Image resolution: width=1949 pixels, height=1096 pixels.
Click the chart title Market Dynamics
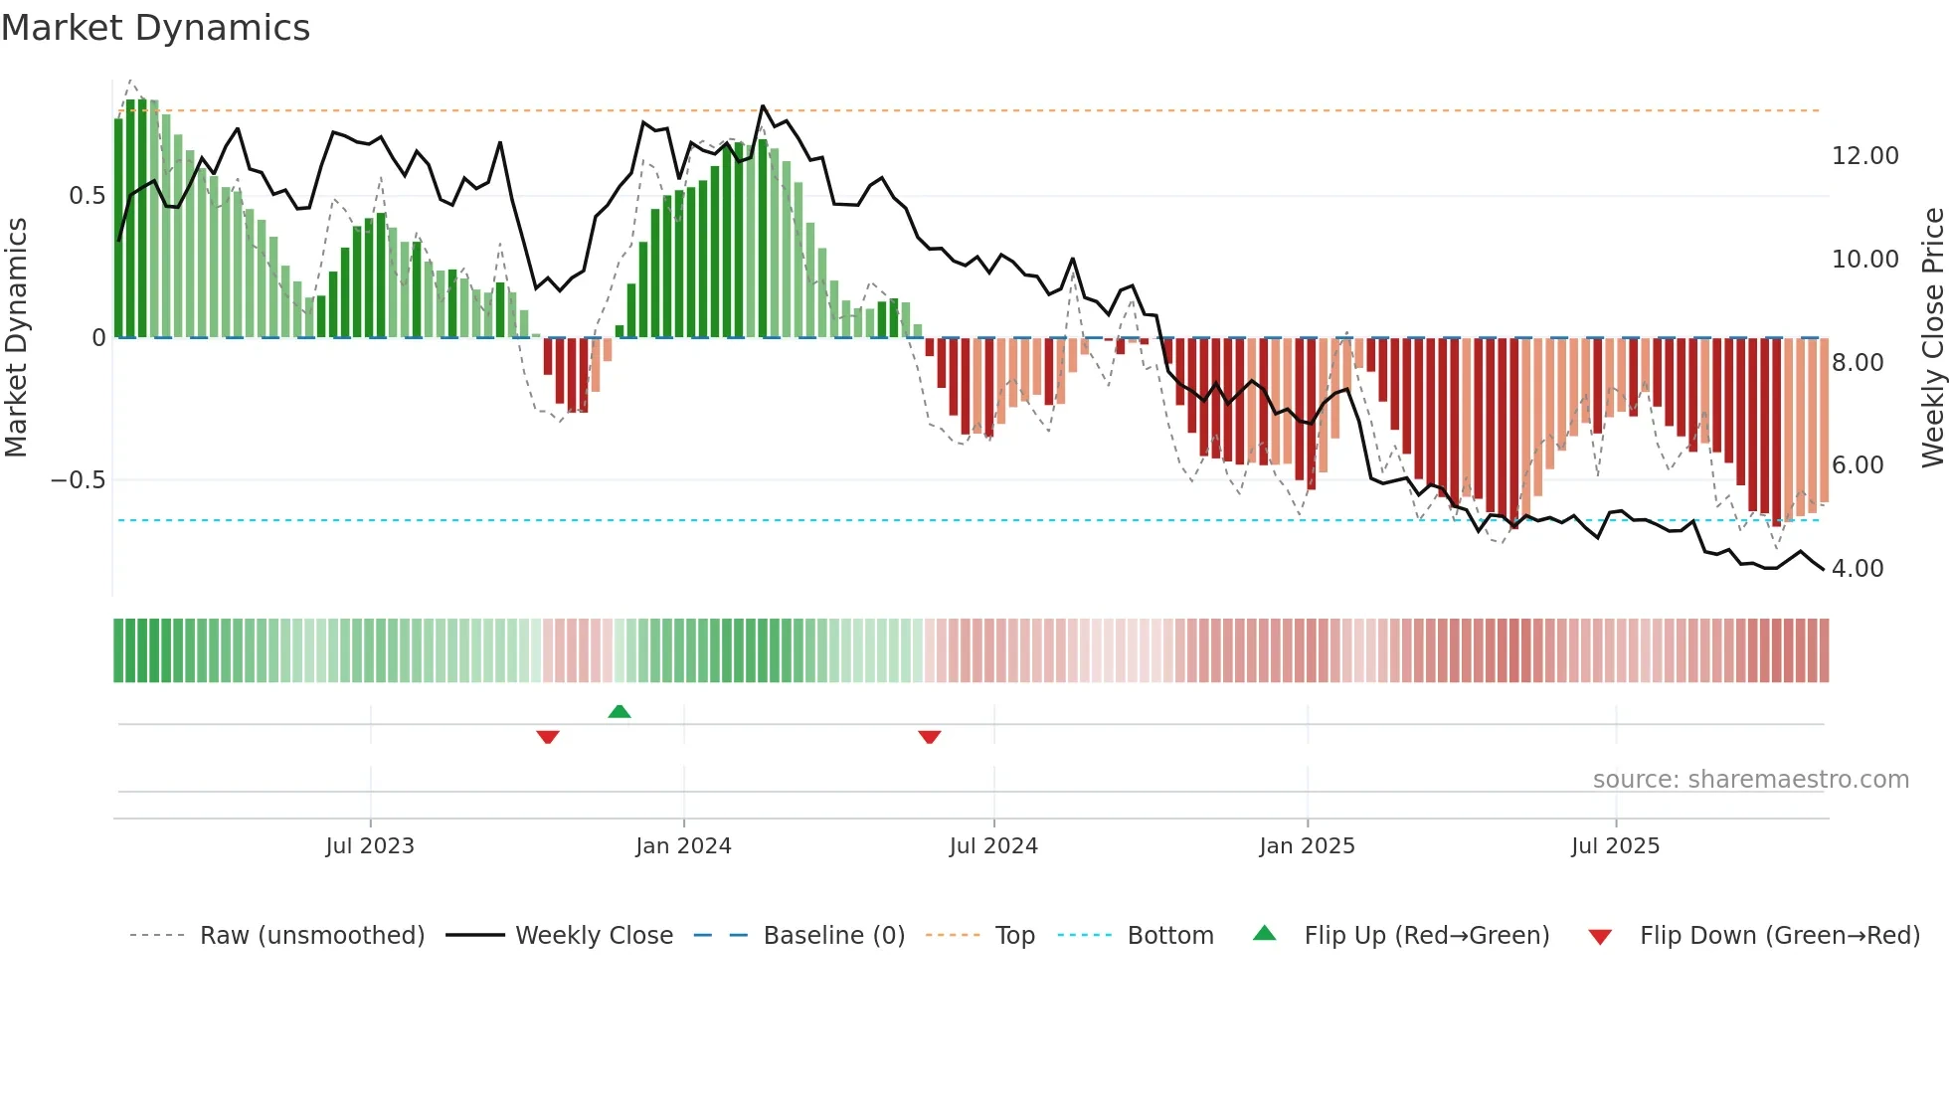pos(155,28)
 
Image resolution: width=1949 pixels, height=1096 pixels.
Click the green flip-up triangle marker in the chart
pos(620,711)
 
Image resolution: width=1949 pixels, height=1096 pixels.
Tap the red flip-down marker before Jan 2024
pos(548,737)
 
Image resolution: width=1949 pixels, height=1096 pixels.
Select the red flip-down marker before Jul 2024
pos(930,737)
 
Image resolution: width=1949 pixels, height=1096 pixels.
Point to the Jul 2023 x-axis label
pos(370,846)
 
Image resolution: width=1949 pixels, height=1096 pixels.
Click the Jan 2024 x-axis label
pos(683,846)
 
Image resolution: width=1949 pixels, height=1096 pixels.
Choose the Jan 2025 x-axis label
pos(1307,846)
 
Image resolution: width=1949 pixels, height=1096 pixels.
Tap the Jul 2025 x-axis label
pos(1616,846)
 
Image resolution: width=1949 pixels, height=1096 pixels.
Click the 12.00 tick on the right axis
pos(1864,156)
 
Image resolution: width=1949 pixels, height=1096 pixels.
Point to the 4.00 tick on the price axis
pos(1858,569)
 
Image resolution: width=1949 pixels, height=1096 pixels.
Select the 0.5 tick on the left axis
pos(87,196)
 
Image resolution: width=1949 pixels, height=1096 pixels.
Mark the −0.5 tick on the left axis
pos(79,480)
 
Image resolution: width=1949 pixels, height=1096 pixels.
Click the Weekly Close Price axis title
pos(1932,338)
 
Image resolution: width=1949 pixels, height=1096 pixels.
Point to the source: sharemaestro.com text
pos(1750,780)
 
